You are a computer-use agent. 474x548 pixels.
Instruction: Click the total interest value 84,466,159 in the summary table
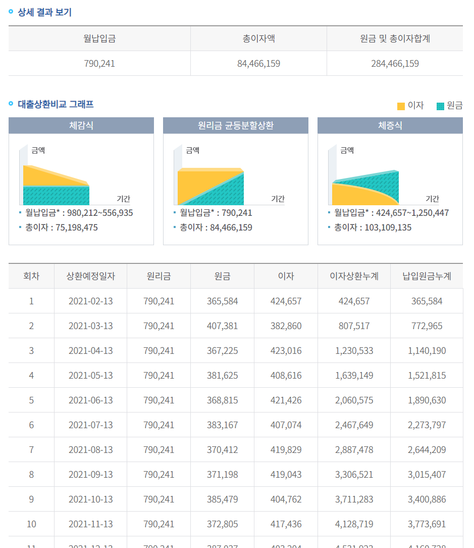(x=258, y=64)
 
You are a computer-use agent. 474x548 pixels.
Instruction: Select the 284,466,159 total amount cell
(x=395, y=64)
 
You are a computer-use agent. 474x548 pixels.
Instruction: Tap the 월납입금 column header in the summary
(x=99, y=38)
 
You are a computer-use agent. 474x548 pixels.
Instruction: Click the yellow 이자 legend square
(x=401, y=106)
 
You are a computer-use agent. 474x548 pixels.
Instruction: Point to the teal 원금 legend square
(x=440, y=106)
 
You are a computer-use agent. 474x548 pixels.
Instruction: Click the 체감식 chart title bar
(x=81, y=125)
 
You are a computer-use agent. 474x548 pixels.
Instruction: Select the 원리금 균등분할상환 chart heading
(x=236, y=125)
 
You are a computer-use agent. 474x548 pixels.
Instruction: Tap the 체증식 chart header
(x=390, y=125)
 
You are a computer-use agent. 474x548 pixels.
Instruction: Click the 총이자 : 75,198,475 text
(x=62, y=227)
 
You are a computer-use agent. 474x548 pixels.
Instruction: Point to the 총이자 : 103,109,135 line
(x=373, y=227)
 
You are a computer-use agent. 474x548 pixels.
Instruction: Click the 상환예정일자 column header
(x=91, y=276)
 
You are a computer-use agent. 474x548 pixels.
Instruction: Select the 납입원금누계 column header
(x=427, y=276)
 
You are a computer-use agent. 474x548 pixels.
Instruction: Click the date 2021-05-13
(x=91, y=376)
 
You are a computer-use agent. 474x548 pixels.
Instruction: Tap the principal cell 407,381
(x=222, y=326)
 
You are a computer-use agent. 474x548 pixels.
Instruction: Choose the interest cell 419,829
(x=286, y=450)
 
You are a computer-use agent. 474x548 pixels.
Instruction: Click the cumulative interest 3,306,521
(x=354, y=475)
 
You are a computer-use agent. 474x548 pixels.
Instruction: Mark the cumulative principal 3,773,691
(x=427, y=524)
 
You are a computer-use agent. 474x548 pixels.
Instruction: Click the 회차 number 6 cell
(x=31, y=425)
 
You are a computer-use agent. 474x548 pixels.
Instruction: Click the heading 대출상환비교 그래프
(x=56, y=105)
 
